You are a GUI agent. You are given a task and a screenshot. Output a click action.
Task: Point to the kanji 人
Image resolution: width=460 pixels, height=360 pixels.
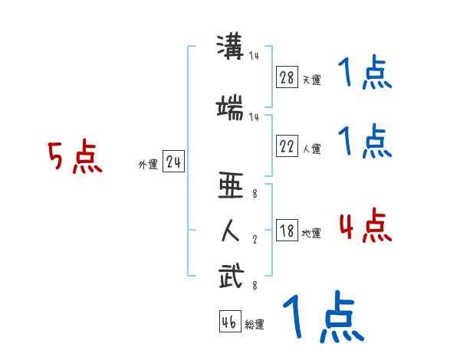point(231,230)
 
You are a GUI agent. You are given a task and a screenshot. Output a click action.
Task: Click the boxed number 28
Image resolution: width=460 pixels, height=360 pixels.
point(287,77)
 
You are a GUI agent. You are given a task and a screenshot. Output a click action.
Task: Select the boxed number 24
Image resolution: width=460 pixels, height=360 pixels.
point(173,163)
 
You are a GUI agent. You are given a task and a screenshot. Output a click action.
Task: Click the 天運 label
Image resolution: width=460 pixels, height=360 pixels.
point(311,79)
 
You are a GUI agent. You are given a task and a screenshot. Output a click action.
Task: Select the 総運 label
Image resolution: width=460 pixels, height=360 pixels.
point(255,325)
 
